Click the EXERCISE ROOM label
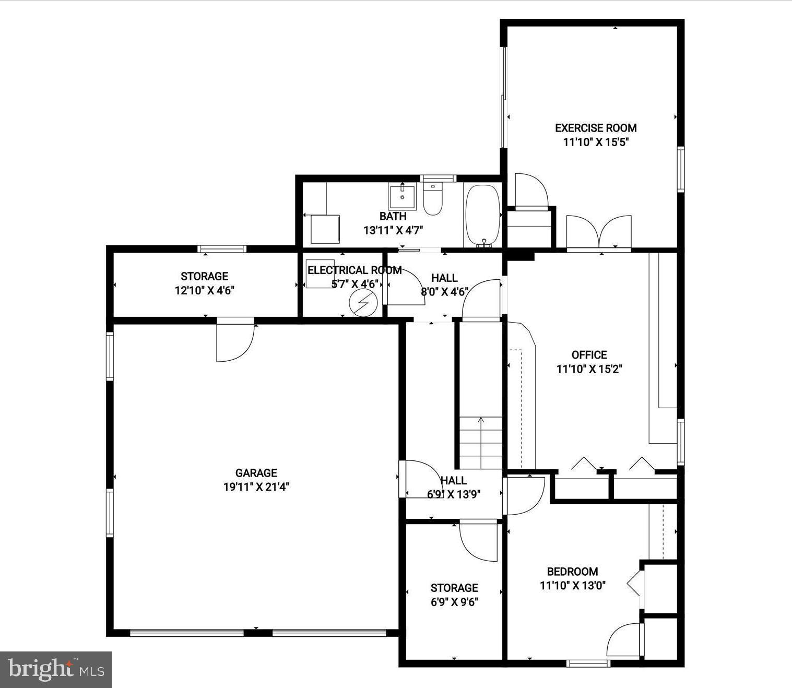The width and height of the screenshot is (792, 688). click(x=595, y=128)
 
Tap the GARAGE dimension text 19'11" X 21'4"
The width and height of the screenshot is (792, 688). click(x=256, y=487)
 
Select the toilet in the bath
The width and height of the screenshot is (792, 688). click(x=432, y=200)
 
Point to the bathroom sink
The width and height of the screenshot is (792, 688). click(x=402, y=197)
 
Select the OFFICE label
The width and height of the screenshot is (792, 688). click(x=589, y=355)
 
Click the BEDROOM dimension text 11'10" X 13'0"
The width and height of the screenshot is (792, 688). click(x=572, y=586)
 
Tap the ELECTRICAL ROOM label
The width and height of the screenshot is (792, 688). click(x=354, y=270)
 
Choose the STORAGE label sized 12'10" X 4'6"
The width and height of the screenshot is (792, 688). click(x=204, y=276)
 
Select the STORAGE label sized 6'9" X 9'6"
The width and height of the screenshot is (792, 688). click(x=454, y=588)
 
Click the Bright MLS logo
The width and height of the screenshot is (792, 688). click(x=56, y=669)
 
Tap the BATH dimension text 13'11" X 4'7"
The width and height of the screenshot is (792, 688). click(x=393, y=230)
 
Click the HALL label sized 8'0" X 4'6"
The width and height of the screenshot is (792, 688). click(x=444, y=278)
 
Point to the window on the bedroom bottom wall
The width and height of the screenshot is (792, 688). click(x=588, y=663)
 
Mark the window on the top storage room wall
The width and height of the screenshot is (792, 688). click(x=222, y=249)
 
